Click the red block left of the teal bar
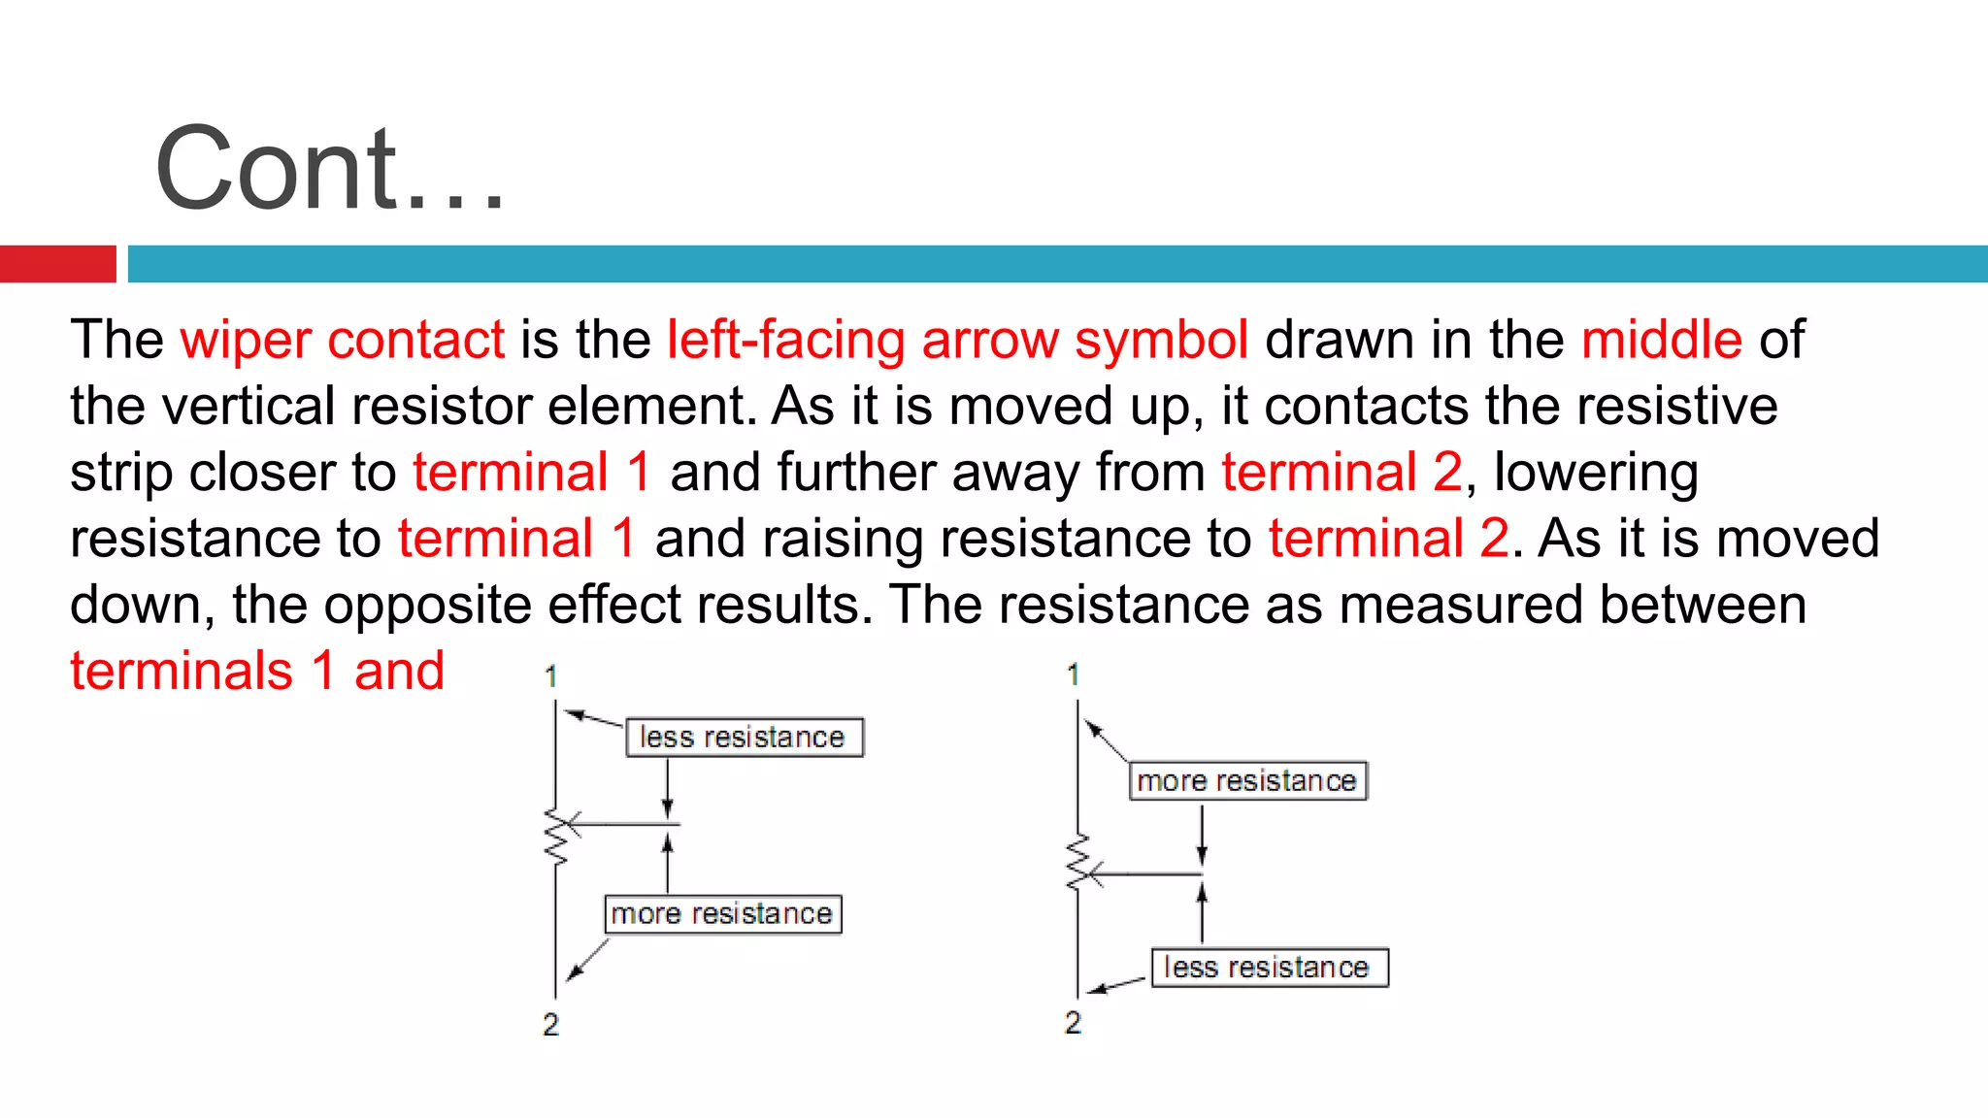57,264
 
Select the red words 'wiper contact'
342,340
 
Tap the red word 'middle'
1661,340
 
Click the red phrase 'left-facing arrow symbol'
957,340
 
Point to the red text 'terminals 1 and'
257,672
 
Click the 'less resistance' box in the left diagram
744,738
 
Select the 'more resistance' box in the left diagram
722,914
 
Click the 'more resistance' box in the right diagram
1247,781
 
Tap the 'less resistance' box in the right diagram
1269,968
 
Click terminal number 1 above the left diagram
551,675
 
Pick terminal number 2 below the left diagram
550,1024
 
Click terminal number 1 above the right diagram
1073,674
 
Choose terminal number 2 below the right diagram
1073,1022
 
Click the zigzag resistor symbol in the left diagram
555,837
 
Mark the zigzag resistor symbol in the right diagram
1077,862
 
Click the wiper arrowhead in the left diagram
573,824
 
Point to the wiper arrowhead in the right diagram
1094,874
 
